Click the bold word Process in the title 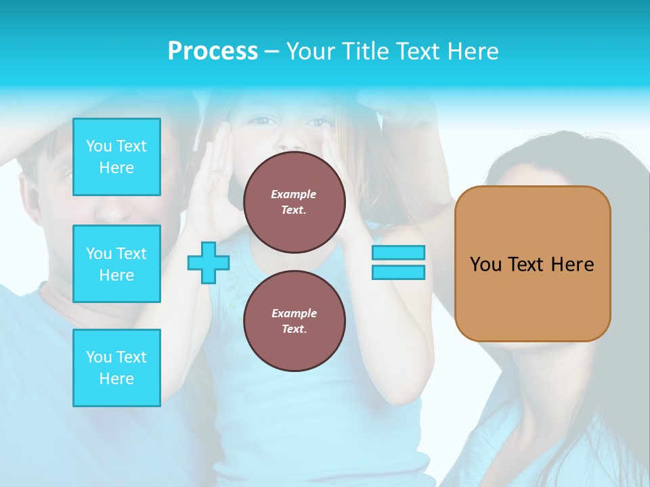click(213, 51)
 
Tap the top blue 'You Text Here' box click(116, 157)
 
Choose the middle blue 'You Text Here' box click(116, 264)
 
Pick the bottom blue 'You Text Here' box click(116, 368)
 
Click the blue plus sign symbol click(208, 263)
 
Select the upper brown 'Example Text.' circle click(294, 202)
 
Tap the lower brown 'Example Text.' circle click(294, 321)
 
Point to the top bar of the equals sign click(398, 252)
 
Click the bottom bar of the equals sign click(398, 273)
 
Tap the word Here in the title click(474, 51)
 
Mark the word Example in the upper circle click(294, 194)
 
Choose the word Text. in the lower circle click(294, 329)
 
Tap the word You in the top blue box click(98, 146)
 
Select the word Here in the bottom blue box click(116, 379)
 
